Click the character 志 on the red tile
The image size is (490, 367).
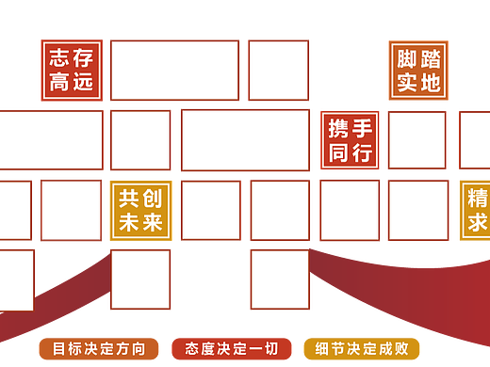59,57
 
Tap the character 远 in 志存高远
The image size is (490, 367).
84,83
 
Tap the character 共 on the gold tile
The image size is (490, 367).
128,199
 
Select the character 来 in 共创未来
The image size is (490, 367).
153,223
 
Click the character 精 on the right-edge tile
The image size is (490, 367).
478,199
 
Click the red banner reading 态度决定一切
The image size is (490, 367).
232,348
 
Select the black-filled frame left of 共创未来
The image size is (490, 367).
71,211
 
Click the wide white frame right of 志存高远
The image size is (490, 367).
174,71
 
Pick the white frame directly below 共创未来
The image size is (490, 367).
140,279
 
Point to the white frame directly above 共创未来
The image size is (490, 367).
140,141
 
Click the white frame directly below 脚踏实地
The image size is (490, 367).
417,141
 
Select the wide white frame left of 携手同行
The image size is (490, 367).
245,141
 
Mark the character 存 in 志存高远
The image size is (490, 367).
84,57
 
